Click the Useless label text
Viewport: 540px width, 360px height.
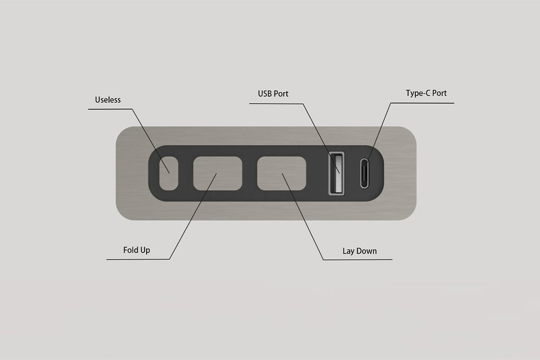[108, 100]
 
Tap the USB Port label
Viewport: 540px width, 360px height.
[273, 93]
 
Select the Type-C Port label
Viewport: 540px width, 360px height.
[426, 93]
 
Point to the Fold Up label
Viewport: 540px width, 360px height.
[136, 250]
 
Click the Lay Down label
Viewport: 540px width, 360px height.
[359, 251]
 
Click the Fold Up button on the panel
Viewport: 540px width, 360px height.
[218, 173]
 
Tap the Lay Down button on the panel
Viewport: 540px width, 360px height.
[282, 172]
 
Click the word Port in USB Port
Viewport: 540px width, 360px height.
[280, 93]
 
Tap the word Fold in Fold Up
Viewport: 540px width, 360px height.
[131, 250]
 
